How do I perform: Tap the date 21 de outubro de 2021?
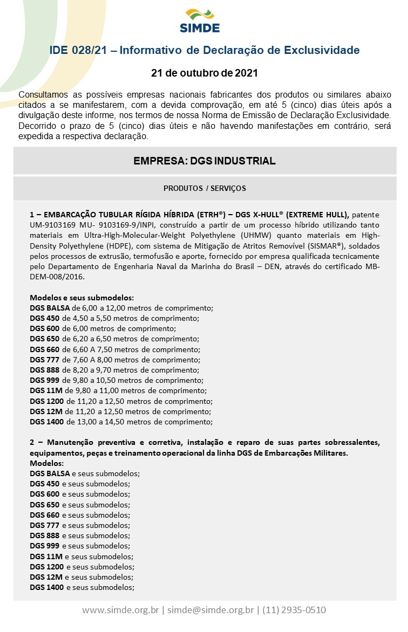[204, 72]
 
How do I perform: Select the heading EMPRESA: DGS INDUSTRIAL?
[205, 161]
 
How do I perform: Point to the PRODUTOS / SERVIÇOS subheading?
[205, 188]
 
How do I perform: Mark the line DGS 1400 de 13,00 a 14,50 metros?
[121, 422]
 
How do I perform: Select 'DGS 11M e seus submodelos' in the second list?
[81, 557]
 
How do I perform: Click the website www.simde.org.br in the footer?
[120, 610]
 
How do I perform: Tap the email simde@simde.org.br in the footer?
[210, 610]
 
